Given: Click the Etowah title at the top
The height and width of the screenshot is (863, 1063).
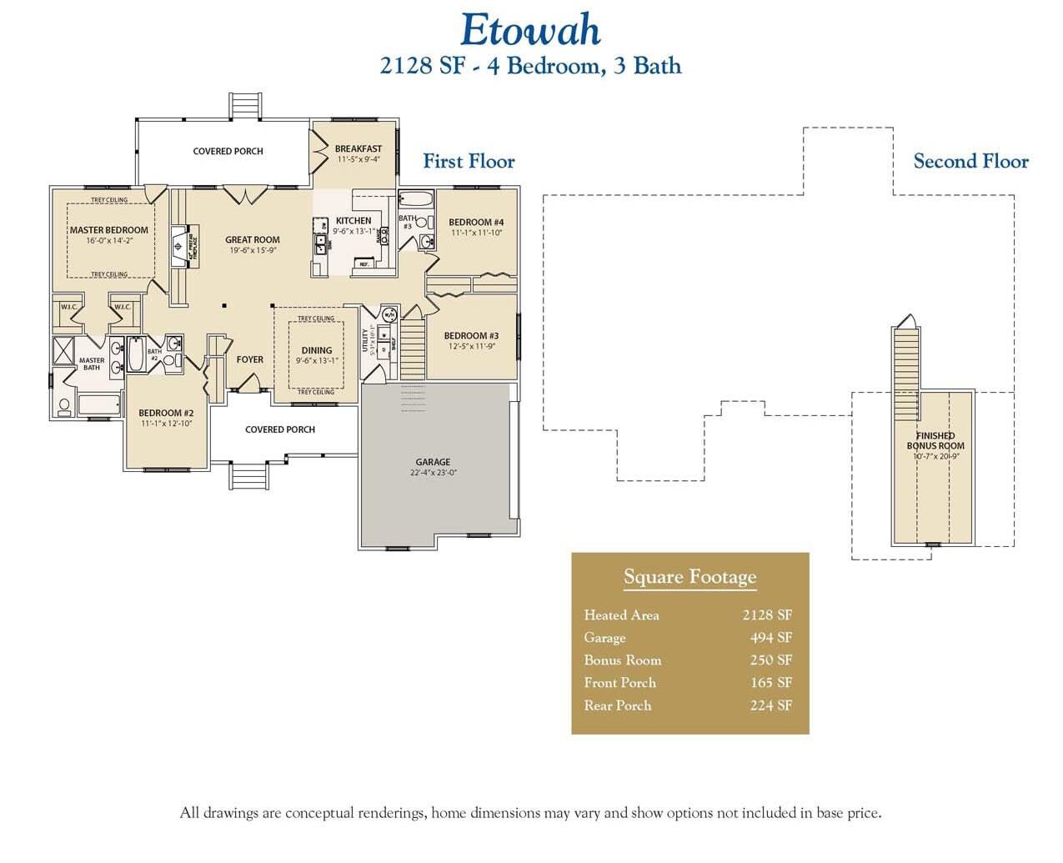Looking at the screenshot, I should click(530, 31).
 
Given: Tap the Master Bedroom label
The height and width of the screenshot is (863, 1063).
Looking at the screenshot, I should click(109, 230).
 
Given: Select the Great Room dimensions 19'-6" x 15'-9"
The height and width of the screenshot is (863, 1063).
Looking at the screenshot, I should click(252, 250).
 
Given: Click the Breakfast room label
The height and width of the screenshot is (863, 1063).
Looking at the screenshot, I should click(359, 148).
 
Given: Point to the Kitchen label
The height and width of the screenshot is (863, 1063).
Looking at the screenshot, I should click(353, 221).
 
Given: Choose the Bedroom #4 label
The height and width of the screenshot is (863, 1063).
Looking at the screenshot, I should click(476, 223).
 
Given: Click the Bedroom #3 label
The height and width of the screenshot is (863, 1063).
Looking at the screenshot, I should click(471, 336).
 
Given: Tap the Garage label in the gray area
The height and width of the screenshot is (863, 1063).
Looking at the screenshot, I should click(433, 462).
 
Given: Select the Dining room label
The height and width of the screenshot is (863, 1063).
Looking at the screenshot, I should click(317, 351).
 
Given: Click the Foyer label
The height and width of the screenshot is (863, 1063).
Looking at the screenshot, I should click(250, 360).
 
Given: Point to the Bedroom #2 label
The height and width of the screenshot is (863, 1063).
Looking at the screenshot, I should click(166, 414).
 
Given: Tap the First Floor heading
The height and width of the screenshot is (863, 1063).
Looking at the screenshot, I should click(469, 162).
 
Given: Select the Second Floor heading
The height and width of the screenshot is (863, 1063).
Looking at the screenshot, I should click(970, 162).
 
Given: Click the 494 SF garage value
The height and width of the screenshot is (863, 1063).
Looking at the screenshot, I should click(770, 638).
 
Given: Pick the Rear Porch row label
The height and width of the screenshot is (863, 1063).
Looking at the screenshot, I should click(618, 705).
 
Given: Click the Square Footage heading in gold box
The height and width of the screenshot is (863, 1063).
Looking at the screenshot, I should click(689, 577).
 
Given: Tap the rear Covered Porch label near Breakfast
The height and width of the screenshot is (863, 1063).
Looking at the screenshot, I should click(228, 152).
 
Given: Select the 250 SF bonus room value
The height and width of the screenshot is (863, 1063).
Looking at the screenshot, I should click(770, 660).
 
